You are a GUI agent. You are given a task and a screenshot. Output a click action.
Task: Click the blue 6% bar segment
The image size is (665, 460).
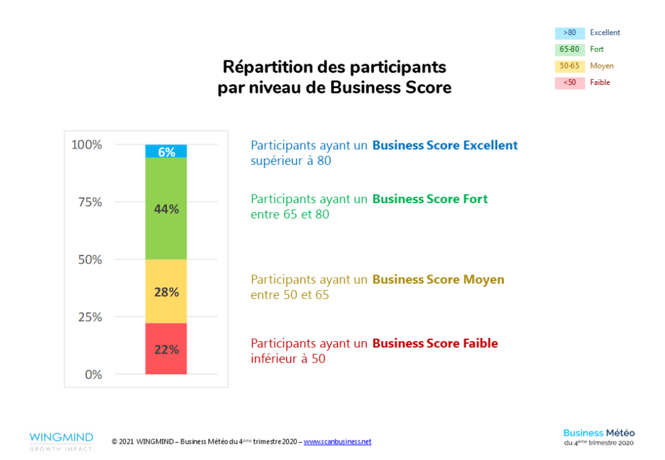pyautogui.click(x=166, y=151)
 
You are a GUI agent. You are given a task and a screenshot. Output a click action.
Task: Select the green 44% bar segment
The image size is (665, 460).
pyautogui.click(x=166, y=209)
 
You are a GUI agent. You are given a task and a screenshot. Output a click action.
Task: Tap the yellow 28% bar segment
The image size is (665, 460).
pyautogui.click(x=166, y=291)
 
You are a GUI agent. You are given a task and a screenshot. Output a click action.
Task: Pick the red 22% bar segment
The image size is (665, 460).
pyautogui.click(x=166, y=349)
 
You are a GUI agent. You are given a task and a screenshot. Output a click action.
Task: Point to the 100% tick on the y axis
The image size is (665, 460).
pyautogui.click(x=86, y=145)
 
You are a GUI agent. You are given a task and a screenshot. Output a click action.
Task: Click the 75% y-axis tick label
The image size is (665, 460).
pyautogui.click(x=90, y=202)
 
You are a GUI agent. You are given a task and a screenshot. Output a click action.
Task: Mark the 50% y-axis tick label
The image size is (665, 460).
pyautogui.click(x=90, y=260)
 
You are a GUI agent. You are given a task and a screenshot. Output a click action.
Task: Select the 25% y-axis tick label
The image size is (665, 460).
pyautogui.click(x=90, y=317)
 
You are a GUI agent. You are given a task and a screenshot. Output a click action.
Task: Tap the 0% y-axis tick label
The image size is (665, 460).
pyautogui.click(x=93, y=374)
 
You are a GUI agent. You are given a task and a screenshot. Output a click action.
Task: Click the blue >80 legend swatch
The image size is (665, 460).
pyautogui.click(x=570, y=32)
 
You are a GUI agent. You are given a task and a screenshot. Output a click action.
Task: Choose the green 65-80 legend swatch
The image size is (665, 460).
pyautogui.click(x=570, y=49)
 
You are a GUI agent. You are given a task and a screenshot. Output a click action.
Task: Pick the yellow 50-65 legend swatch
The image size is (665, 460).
pyautogui.click(x=570, y=66)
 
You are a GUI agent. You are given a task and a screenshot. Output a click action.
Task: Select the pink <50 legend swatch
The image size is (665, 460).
pyautogui.click(x=570, y=82)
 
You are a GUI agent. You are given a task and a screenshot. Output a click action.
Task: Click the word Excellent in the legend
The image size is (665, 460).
pyautogui.click(x=605, y=32)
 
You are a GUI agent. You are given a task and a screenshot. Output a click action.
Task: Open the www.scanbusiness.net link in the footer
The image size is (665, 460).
pyautogui.click(x=337, y=442)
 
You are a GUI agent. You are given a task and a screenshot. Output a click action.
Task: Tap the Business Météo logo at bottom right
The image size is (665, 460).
pyautogui.click(x=599, y=437)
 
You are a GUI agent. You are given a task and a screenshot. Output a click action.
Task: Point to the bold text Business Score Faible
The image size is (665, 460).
pyautogui.click(x=434, y=343)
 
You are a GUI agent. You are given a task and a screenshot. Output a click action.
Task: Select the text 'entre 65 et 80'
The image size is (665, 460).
pyautogui.click(x=290, y=214)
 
